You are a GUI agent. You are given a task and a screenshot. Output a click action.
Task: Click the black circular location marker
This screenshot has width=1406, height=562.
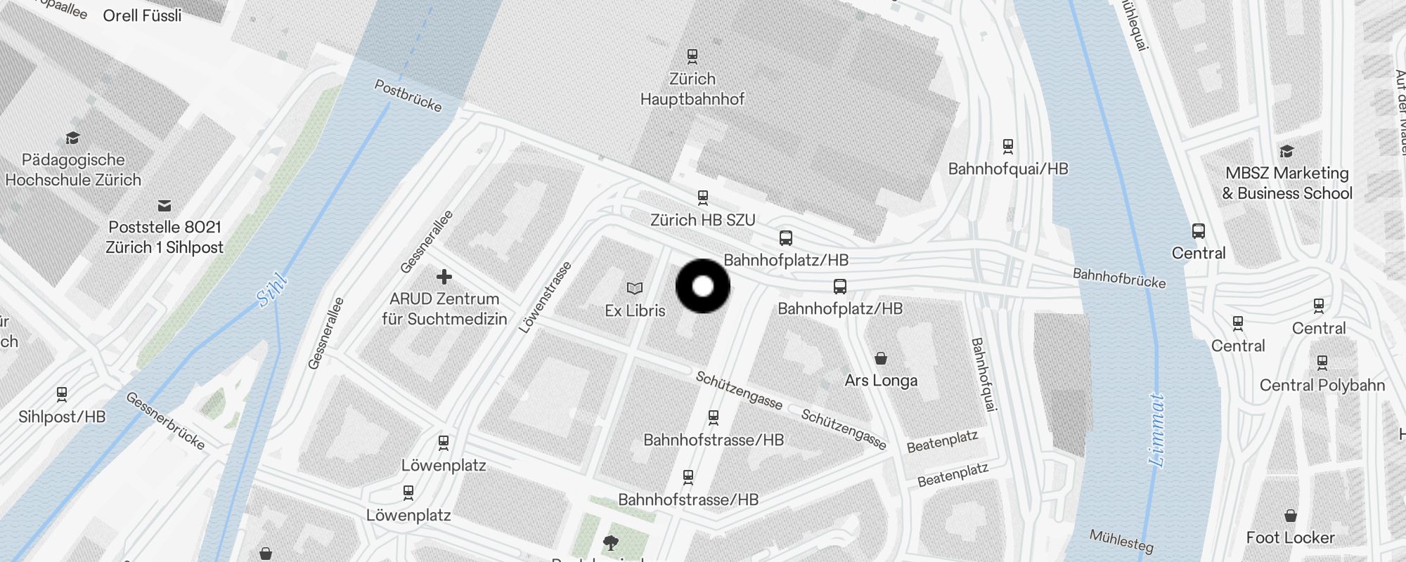point(703,286)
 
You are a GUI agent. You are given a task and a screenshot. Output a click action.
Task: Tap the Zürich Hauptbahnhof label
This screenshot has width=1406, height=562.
point(692,89)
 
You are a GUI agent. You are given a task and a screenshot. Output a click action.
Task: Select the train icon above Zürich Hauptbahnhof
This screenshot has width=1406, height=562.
point(692,55)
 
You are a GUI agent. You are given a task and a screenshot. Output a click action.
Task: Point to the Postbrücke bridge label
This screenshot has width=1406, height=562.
point(408,96)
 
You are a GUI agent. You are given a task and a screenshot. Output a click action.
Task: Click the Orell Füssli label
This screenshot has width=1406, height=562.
point(142,15)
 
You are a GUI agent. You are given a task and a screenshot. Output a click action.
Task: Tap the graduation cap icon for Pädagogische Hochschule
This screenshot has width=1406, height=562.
point(72,138)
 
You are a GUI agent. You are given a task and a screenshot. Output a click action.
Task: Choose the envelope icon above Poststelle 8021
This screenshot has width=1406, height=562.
point(165,206)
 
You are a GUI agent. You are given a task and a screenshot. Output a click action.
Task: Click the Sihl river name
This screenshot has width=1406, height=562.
point(272,290)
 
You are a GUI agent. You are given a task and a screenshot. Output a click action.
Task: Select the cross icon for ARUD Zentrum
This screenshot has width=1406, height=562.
point(444,277)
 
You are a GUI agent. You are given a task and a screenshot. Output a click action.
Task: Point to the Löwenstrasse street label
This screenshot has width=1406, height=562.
point(546,297)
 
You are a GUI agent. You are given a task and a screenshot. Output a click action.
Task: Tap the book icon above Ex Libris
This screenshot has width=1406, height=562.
point(635,288)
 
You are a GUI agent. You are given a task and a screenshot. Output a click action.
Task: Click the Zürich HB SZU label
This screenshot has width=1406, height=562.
point(703,220)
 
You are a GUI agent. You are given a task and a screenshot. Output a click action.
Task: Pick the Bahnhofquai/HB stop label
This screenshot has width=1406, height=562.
point(1008,169)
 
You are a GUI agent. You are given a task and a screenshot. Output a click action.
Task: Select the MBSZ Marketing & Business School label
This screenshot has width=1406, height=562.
point(1287,183)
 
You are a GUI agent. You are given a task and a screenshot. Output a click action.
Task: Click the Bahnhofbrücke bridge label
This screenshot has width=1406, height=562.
point(1119,277)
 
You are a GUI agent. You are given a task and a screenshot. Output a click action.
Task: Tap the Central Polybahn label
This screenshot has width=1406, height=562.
point(1322,385)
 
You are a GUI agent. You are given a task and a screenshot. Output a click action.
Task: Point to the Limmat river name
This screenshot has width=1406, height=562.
point(1156,430)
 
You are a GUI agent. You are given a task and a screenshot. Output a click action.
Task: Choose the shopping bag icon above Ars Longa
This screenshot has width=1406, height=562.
point(881,359)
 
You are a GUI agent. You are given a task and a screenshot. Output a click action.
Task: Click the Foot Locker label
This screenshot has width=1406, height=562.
point(1290,537)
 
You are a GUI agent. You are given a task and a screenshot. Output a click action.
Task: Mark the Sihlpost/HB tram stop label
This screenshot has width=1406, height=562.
point(62,417)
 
